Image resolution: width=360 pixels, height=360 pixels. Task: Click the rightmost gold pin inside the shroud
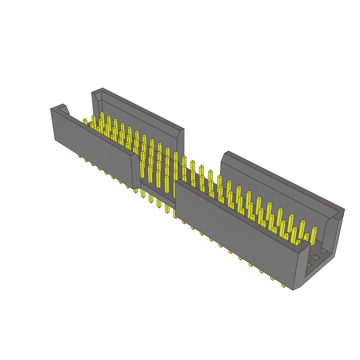(313, 236)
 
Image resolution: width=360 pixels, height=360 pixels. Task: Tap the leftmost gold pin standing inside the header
(85, 122)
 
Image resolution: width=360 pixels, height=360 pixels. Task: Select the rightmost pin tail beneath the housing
(283, 285)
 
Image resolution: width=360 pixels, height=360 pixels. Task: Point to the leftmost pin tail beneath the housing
(80, 156)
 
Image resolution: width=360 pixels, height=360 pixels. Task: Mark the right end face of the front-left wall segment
(136, 172)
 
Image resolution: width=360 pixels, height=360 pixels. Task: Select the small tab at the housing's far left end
(64, 109)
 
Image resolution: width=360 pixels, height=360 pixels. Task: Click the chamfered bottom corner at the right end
(297, 288)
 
